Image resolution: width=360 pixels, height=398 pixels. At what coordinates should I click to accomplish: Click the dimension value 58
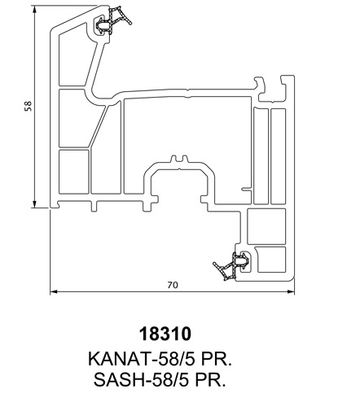click(29, 106)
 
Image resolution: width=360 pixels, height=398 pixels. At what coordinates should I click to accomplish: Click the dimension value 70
click(173, 285)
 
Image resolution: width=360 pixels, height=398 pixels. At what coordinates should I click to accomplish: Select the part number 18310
click(165, 334)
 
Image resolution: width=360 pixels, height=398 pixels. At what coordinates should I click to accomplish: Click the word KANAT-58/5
click(142, 359)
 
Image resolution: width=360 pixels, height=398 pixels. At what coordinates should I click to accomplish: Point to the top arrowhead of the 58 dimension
click(34, 10)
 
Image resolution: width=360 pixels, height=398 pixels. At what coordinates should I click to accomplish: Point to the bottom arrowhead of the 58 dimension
click(34, 204)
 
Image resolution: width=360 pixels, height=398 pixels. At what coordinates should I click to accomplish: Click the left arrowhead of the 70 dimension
click(54, 291)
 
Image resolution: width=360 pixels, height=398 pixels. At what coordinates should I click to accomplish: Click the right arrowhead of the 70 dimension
click(291, 291)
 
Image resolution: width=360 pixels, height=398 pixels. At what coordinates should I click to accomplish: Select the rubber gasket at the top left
click(112, 21)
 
